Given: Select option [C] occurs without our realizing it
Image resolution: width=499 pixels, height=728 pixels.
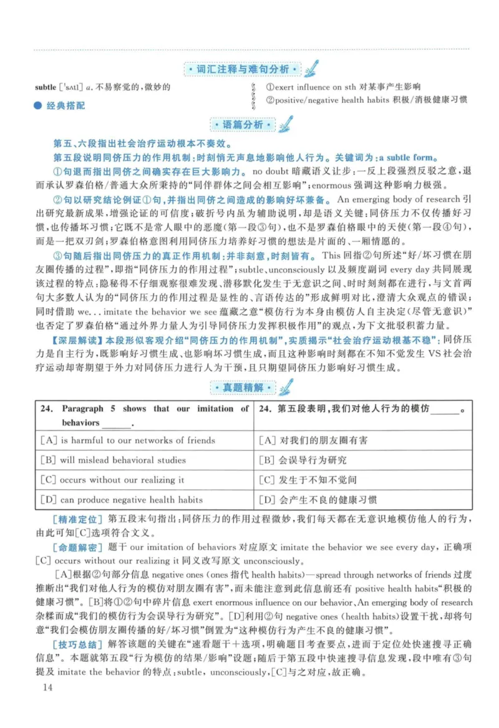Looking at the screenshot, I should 112,480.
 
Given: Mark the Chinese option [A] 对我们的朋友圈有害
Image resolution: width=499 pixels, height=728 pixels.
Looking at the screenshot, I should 312,440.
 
